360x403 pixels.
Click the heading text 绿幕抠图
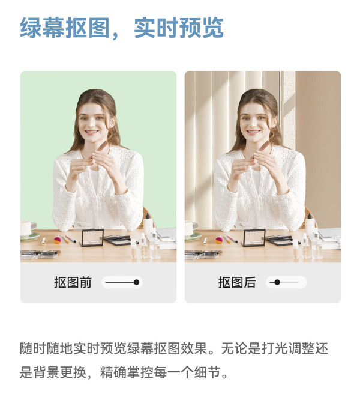(65, 28)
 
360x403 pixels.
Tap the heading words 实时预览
(179, 28)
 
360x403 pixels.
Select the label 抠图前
(73, 282)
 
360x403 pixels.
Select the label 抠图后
(237, 282)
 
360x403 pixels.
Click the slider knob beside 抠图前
(137, 282)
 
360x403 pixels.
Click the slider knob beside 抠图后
(277, 282)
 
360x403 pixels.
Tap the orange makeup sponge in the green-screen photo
(57, 240)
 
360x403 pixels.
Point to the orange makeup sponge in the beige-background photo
(219, 240)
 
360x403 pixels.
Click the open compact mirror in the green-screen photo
(92, 238)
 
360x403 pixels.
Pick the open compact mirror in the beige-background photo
(254, 238)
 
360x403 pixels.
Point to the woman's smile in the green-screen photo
(91, 132)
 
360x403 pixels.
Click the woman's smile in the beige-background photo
(253, 132)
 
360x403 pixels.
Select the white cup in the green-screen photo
(28, 228)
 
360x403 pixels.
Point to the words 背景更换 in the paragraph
(59, 372)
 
